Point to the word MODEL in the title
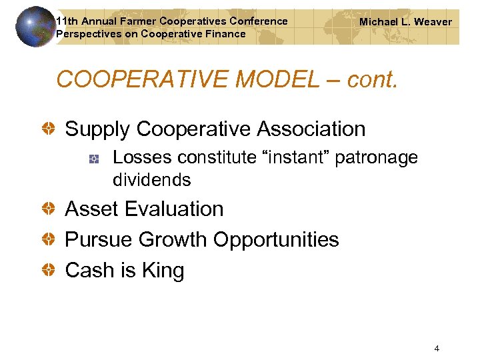click(273, 79)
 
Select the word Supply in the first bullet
click(96, 129)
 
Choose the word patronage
click(377, 158)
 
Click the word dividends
click(152, 180)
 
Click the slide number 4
click(436, 348)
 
